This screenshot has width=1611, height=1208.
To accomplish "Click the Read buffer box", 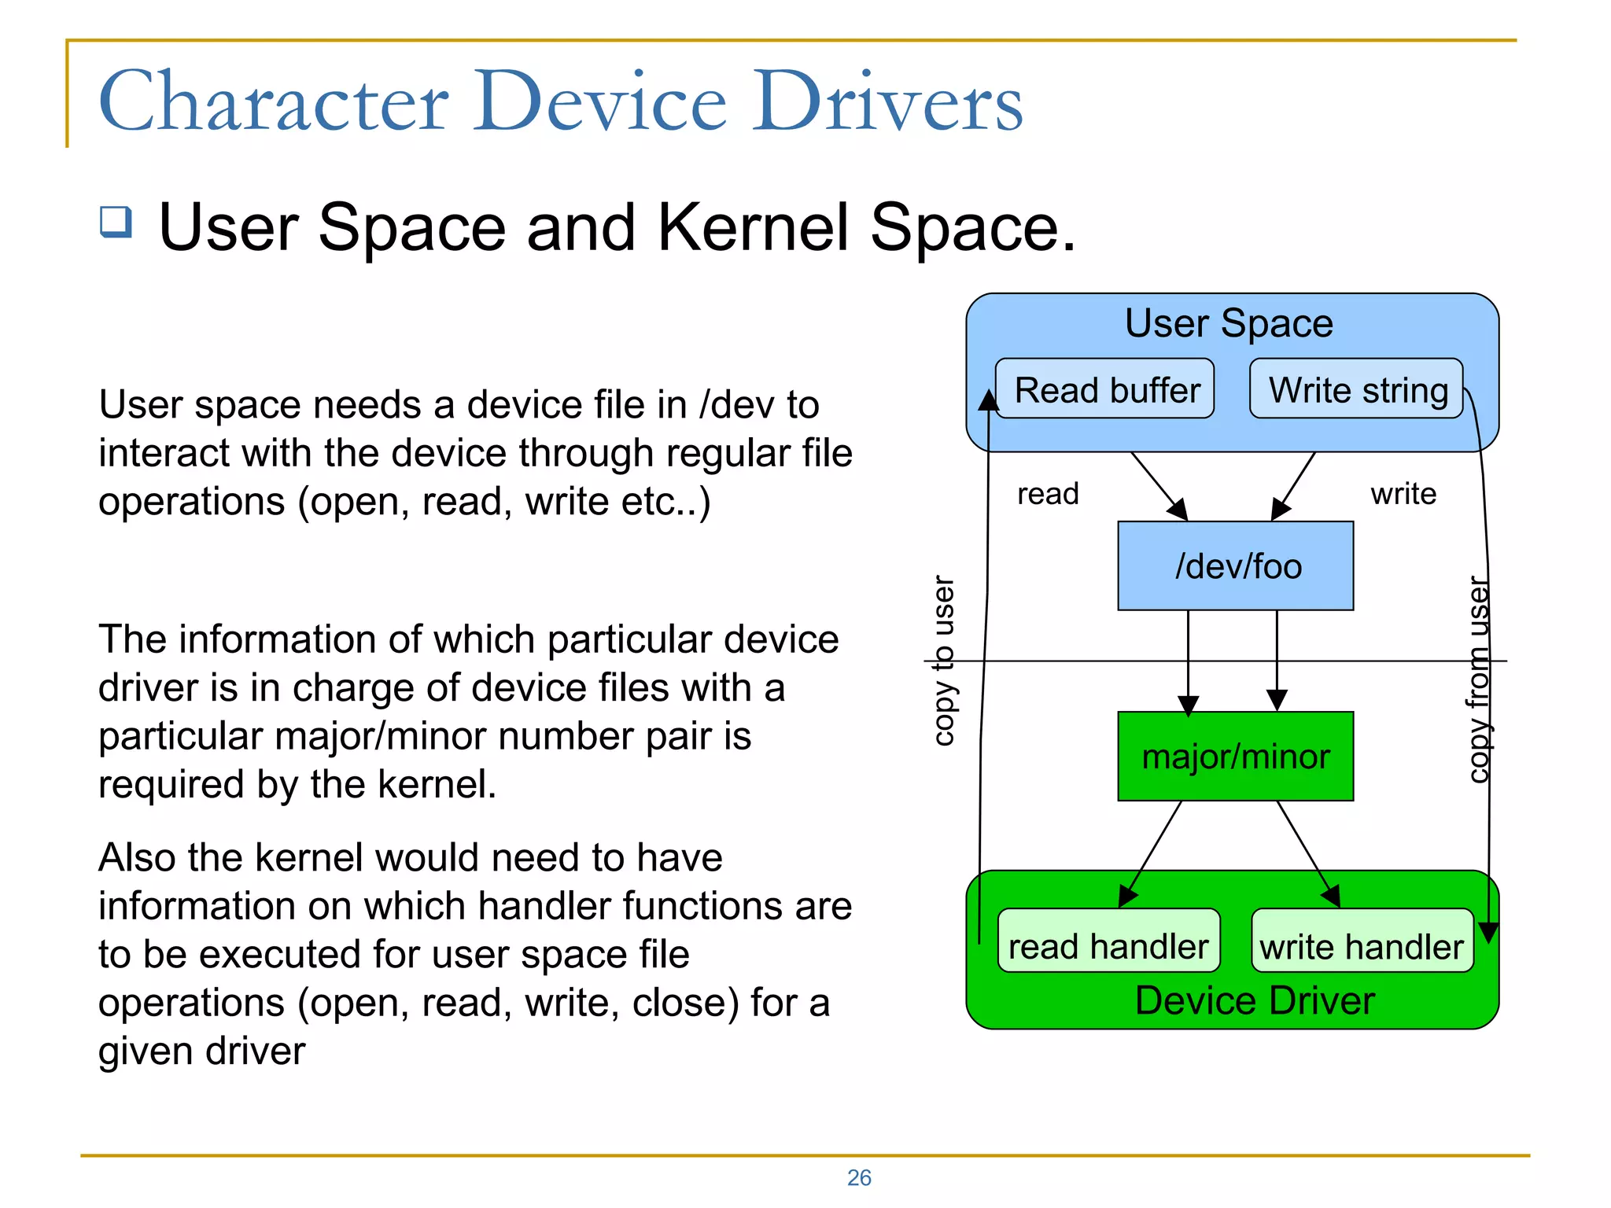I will coord(1104,389).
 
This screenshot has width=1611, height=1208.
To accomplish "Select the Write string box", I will coord(1356,389).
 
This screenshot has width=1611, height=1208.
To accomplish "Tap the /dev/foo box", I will coord(1235,565).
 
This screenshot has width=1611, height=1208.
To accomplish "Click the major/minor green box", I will coord(1235,756).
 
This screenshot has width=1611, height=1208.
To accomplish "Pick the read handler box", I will coord(1108,942).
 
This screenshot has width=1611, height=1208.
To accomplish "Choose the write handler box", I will coord(1362,942).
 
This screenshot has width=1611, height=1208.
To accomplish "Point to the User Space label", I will coord(1229,323).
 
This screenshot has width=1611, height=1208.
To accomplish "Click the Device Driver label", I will coord(1255,1001).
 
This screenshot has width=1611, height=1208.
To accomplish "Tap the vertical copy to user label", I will coord(943,661).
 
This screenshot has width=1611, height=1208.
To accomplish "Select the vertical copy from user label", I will coord(1479,680).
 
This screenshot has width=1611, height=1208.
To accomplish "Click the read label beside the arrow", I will coord(1048,494).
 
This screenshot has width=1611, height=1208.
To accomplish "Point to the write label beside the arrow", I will coord(1403,494).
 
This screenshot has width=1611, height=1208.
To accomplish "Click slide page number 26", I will coord(859,1177).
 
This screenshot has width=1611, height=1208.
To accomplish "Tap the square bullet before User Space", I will coord(116,222).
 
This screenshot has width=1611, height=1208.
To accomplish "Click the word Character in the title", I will coord(274,102).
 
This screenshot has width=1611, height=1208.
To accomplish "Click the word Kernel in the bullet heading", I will coord(755,228).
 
